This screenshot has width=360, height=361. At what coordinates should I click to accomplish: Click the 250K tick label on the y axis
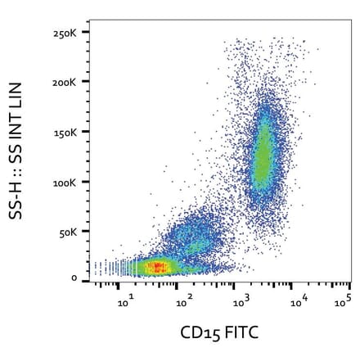(65, 34)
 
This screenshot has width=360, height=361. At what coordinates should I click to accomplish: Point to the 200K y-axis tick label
(65, 83)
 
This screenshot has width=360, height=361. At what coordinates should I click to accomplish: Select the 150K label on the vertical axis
(65, 133)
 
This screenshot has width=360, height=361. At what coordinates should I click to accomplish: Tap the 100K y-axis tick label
(65, 182)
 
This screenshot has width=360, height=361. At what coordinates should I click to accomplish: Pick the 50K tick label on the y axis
(67, 232)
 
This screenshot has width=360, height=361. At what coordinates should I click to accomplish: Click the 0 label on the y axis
(74, 278)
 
